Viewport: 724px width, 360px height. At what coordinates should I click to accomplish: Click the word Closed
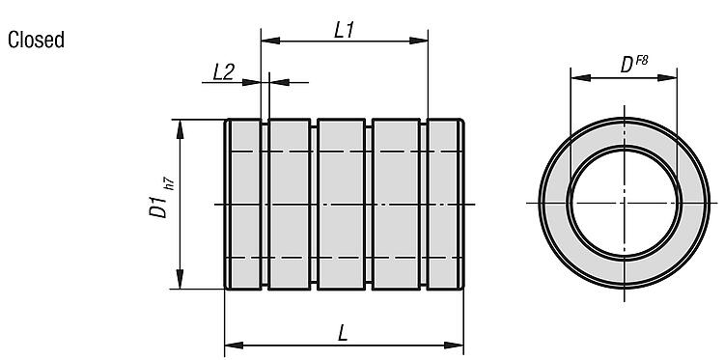click(x=36, y=40)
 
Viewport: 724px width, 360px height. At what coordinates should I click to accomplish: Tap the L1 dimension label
click(x=344, y=31)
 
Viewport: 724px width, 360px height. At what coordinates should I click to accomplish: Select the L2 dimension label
click(x=224, y=72)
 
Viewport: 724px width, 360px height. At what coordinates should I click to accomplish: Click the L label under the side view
click(x=342, y=333)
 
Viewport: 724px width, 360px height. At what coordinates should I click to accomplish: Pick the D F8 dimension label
click(x=634, y=64)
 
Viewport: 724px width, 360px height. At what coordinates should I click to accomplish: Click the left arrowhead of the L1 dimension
click(x=270, y=41)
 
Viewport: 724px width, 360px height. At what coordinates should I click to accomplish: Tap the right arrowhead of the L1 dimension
click(x=418, y=41)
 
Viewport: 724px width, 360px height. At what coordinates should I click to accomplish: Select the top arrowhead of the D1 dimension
click(x=181, y=129)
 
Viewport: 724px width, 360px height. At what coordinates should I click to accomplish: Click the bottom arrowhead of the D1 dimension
click(x=181, y=279)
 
